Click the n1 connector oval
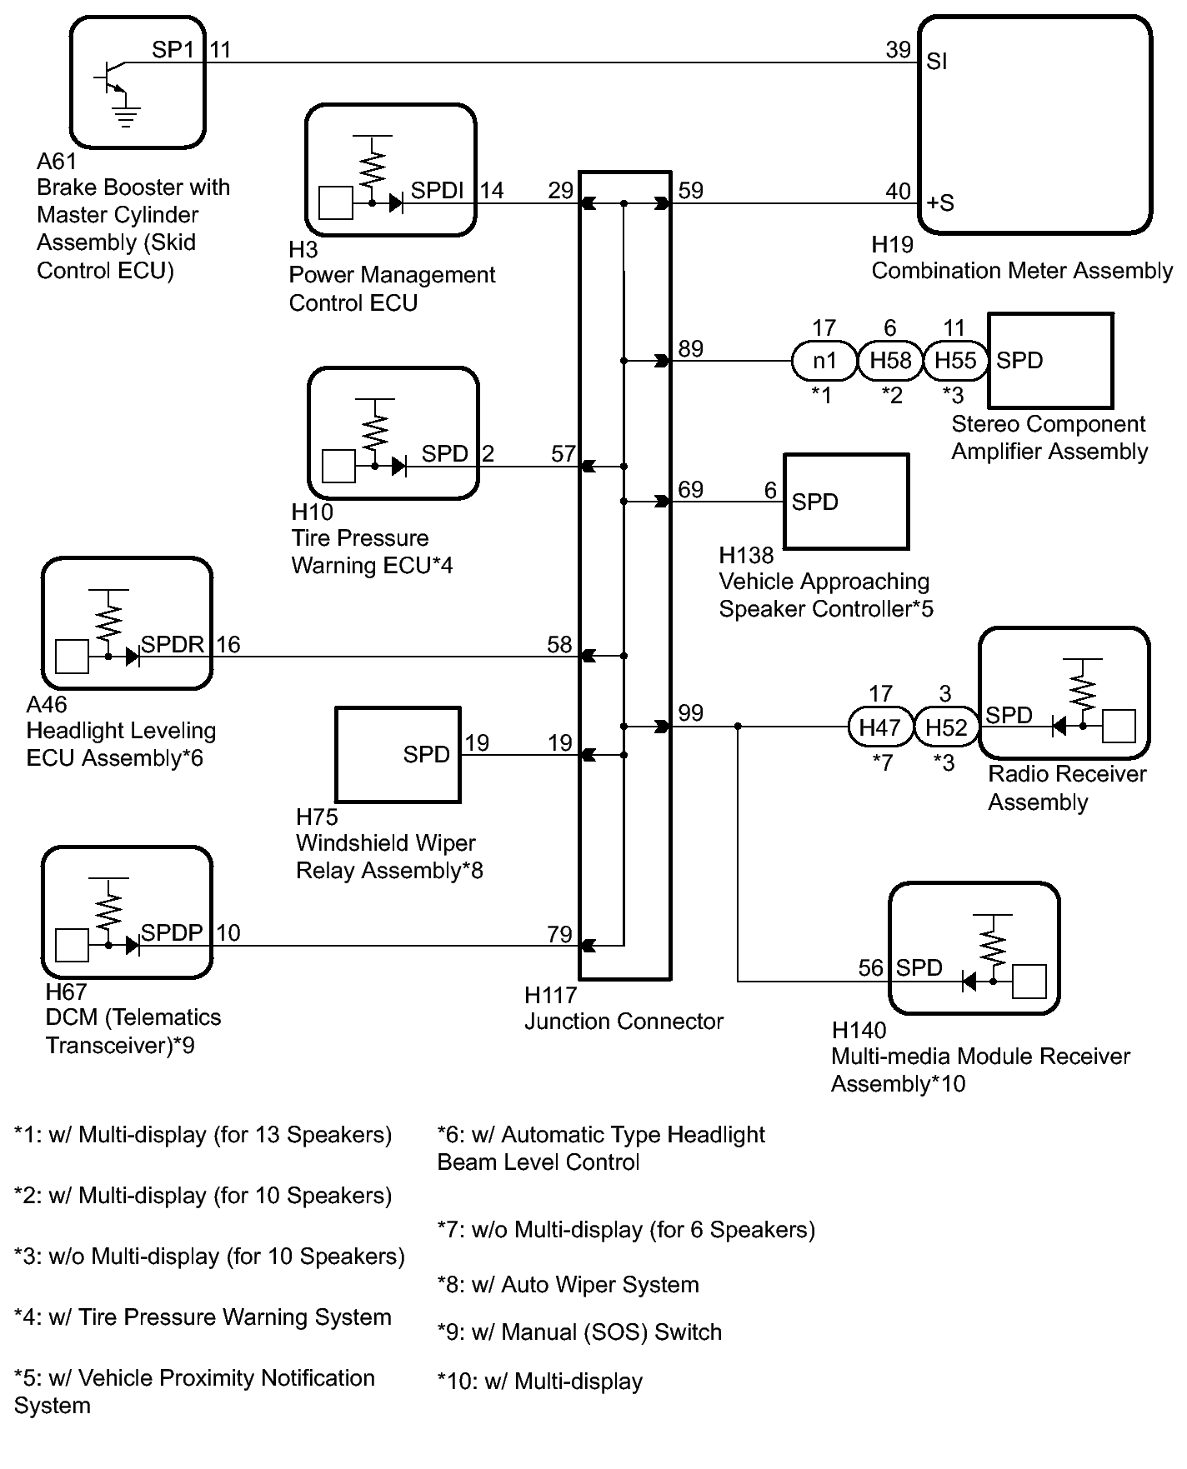pos(824,361)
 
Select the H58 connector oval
pos(890,361)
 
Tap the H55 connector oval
pos(955,361)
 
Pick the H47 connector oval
pos(880,727)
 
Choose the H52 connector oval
pos(946,727)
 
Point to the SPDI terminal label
pos(437,191)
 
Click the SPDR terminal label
pos(173,644)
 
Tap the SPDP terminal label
pos(173,932)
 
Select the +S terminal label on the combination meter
pos(940,202)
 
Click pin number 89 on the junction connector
pos(690,348)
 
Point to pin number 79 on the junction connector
pos(559,934)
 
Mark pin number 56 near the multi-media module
pos(870,967)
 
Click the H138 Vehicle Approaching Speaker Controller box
pos(846,502)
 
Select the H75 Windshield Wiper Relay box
pos(398,755)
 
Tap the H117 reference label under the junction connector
pos(551,995)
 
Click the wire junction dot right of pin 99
pos(738,727)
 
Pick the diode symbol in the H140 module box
pos(969,982)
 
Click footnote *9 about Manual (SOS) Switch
pos(579,1332)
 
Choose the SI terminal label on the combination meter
pos(936,62)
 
